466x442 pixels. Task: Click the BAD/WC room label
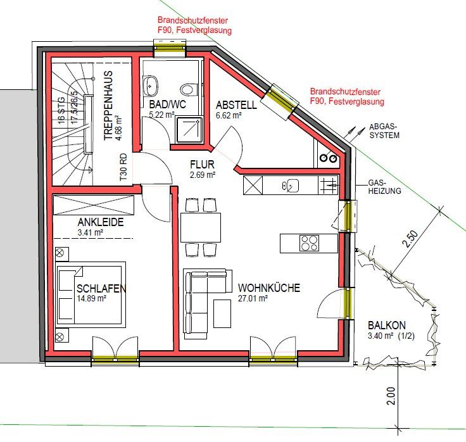click(x=167, y=104)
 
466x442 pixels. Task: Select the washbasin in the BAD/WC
click(x=151, y=86)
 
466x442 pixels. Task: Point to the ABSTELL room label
click(x=236, y=105)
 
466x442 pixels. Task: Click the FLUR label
click(x=202, y=165)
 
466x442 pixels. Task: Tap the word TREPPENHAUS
click(x=108, y=105)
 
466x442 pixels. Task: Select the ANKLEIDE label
click(x=101, y=222)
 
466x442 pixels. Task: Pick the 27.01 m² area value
click(x=253, y=298)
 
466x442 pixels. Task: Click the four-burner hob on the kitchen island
click(x=310, y=243)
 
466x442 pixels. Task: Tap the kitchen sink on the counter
click(x=290, y=186)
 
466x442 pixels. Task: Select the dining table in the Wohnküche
click(x=201, y=228)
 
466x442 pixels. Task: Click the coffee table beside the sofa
click(x=222, y=313)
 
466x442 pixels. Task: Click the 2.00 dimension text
click(x=391, y=396)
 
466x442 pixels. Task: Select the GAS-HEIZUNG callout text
click(x=384, y=187)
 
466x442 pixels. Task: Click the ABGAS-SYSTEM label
click(x=384, y=131)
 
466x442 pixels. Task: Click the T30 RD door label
click(x=123, y=167)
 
